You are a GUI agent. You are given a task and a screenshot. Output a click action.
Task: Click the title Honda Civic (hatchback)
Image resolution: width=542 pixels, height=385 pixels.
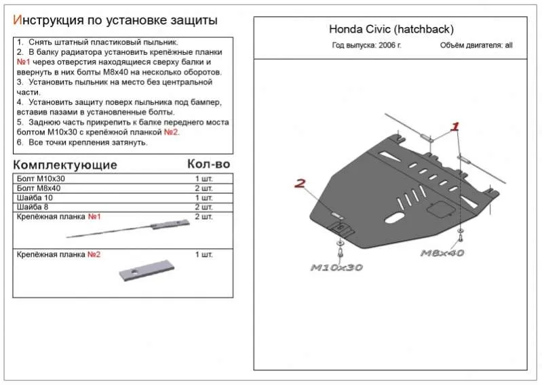click(x=391, y=29)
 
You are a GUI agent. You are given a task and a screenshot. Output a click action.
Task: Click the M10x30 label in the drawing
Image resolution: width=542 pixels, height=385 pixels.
click(x=336, y=267)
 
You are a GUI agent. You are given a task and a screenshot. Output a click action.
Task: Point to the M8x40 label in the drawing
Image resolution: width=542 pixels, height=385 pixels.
click(x=442, y=253)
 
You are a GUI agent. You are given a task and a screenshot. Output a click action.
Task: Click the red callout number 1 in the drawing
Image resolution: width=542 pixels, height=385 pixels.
click(x=456, y=126)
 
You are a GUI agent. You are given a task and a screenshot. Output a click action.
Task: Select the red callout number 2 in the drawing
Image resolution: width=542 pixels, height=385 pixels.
click(x=300, y=182)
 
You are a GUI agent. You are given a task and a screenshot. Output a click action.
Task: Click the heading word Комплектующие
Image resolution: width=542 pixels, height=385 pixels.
click(x=65, y=165)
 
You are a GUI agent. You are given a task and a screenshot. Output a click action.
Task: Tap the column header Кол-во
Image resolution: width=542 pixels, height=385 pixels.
click(x=208, y=164)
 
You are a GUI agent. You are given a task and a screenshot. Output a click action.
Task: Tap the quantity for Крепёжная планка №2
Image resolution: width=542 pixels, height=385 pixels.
click(x=204, y=255)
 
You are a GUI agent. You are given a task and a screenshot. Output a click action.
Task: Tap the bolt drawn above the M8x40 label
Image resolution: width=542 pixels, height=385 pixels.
click(x=461, y=235)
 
